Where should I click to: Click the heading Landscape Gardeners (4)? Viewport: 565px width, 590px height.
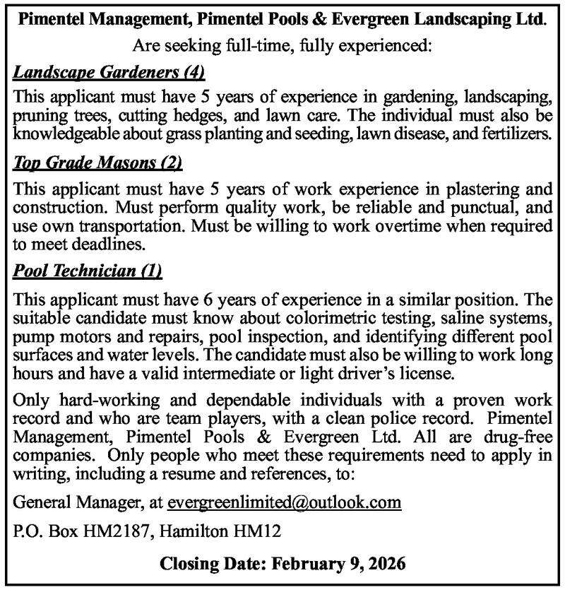(109, 72)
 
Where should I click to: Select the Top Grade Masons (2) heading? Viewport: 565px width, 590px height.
(98, 164)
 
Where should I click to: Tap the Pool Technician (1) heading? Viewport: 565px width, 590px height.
(88, 270)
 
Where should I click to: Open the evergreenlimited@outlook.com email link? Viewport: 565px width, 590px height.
(285, 502)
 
